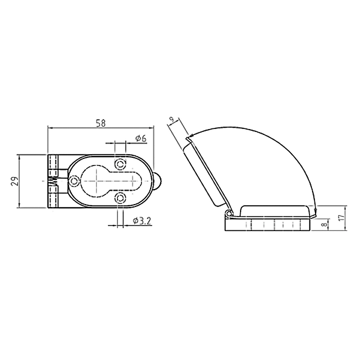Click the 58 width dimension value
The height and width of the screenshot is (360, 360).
pyautogui.click(x=101, y=123)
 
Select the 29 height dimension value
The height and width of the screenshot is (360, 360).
pyautogui.click(x=15, y=181)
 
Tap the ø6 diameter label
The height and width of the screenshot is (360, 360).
pyautogui.click(x=141, y=139)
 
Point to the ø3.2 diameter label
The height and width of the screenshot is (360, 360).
pyautogui.click(x=142, y=221)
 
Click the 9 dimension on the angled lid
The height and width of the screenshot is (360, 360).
pyautogui.click(x=171, y=119)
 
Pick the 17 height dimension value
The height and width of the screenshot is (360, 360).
pyautogui.click(x=342, y=217)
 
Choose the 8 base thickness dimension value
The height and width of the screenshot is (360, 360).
pyautogui.click(x=325, y=224)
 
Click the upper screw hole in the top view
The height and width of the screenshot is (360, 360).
pyautogui.click(x=121, y=164)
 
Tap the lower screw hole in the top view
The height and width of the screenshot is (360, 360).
pyautogui.click(x=121, y=198)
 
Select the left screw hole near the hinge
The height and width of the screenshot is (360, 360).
pyautogui.click(x=73, y=181)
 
